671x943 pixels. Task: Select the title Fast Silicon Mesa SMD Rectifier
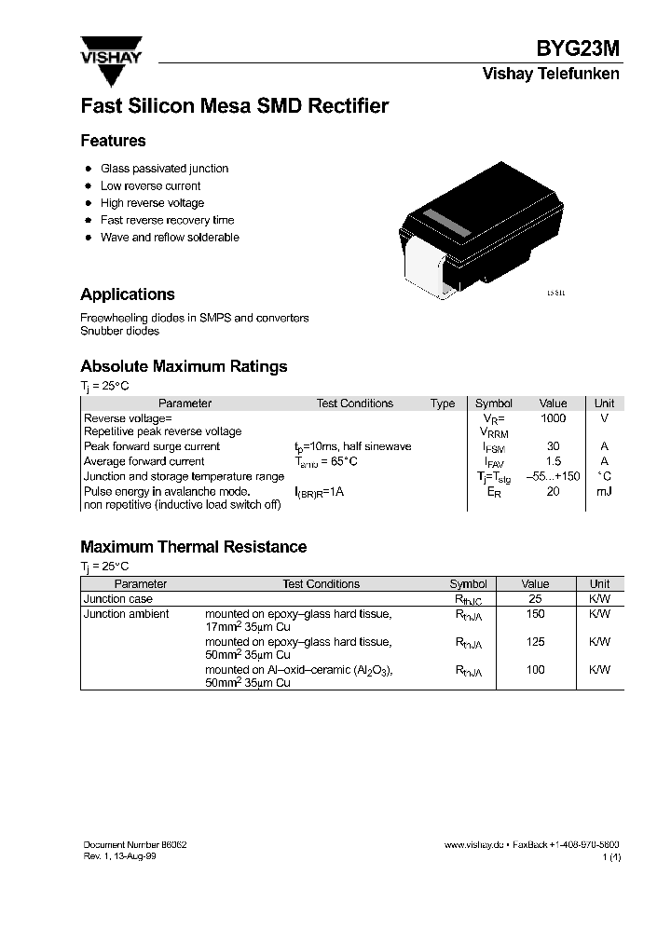click(234, 106)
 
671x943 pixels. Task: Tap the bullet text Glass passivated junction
click(164, 169)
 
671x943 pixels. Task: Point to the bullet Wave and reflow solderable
click(170, 238)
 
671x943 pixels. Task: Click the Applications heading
click(128, 294)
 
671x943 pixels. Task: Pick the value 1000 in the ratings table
click(553, 418)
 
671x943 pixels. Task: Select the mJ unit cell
click(604, 490)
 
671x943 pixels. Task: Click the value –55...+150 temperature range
click(553, 476)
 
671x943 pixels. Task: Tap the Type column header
click(443, 403)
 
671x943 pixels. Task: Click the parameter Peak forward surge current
click(151, 447)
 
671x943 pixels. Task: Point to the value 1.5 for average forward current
click(553, 461)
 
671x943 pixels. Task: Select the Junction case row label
click(118, 599)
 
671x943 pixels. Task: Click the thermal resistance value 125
click(535, 642)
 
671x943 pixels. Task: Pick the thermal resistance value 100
click(535, 670)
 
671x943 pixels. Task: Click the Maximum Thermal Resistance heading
click(193, 547)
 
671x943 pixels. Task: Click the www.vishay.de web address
click(473, 843)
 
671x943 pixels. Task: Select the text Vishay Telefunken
click(550, 75)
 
